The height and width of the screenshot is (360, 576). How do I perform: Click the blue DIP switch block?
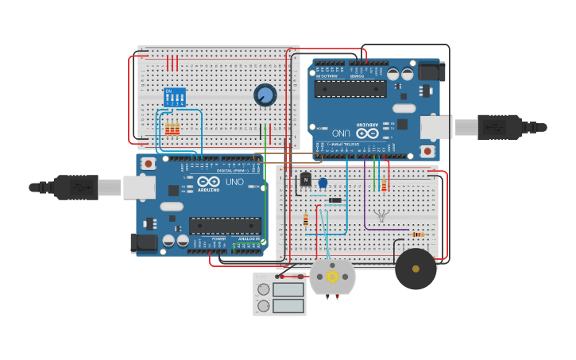[x=174, y=97]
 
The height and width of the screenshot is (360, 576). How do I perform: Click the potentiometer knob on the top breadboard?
[x=265, y=95]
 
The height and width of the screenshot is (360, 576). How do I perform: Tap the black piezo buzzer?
[x=416, y=269]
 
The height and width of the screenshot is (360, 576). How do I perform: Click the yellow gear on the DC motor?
[x=332, y=277]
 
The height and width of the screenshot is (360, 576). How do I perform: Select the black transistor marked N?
[x=305, y=180]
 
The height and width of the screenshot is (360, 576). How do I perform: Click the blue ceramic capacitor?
[x=323, y=183]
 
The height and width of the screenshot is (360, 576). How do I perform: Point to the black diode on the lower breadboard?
[x=335, y=199]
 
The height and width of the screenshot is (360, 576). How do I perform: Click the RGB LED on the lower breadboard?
[x=382, y=215]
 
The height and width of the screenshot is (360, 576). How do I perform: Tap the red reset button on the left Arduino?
[x=149, y=163]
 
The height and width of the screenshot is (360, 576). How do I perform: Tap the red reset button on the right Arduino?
[x=427, y=150]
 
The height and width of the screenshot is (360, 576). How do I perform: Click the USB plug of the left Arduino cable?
[x=76, y=188]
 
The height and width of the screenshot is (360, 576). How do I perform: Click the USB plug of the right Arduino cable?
[x=499, y=126]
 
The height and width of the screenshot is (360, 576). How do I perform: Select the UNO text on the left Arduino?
[x=234, y=182]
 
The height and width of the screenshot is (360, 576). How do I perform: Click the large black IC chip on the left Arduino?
[x=225, y=226]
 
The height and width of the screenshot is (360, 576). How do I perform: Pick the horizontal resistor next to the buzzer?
[x=418, y=234]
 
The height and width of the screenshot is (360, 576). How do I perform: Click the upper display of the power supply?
[x=288, y=289]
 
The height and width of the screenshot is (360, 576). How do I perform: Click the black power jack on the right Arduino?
[x=430, y=72]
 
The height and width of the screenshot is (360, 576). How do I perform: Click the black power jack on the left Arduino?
[x=145, y=242]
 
